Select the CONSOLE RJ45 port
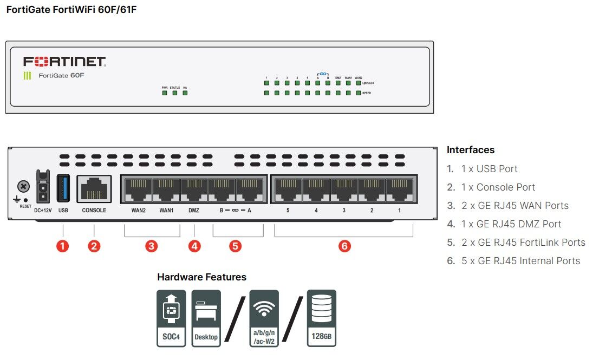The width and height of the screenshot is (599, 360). tap(94, 189)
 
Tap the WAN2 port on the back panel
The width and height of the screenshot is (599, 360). tap(138, 189)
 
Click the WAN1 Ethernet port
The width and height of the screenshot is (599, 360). tap(166, 189)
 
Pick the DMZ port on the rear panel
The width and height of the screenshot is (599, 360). tap(194, 189)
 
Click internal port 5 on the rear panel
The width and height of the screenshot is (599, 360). tap(288, 189)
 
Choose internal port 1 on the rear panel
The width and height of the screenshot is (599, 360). tap(399, 189)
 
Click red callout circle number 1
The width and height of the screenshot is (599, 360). tap(63, 246)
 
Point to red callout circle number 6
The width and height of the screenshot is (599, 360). tap(344, 246)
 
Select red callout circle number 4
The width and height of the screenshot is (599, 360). tap(194, 246)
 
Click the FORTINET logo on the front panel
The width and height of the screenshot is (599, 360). tap(64, 61)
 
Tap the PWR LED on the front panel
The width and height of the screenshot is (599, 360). tap(165, 93)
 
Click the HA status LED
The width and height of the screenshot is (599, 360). tap(185, 93)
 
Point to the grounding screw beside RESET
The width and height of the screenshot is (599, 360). tap(23, 187)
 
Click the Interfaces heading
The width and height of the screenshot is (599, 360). tap(471, 150)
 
